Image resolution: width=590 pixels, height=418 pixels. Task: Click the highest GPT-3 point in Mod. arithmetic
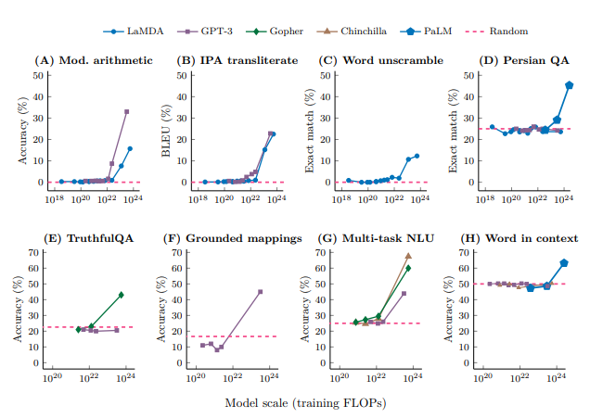tap(127, 111)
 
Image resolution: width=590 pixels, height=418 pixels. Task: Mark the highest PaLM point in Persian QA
tap(569, 85)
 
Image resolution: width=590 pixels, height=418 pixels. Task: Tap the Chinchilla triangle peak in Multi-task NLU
tap(408, 256)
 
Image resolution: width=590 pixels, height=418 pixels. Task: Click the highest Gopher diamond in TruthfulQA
tap(122, 295)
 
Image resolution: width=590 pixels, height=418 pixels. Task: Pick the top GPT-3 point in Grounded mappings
tap(260, 292)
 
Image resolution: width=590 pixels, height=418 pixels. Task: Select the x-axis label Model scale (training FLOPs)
tap(305, 403)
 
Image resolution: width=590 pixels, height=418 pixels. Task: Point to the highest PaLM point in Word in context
tap(564, 263)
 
